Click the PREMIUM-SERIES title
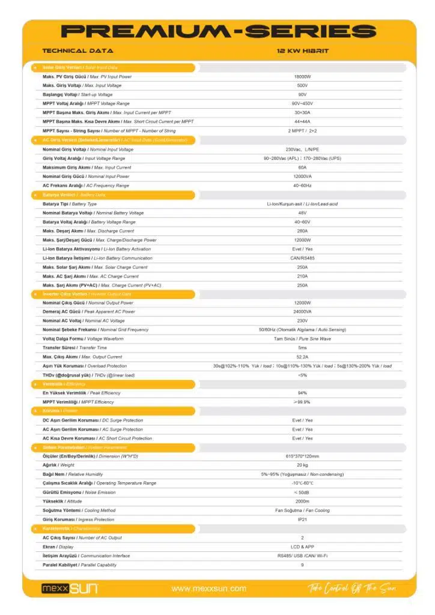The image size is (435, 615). coord(218,31)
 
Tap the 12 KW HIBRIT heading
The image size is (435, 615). coord(302,51)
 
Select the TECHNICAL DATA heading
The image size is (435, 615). coord(78,51)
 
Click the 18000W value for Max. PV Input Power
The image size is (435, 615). coord(302,77)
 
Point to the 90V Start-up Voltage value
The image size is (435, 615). coord(302,95)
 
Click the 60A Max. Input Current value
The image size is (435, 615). coord(302,168)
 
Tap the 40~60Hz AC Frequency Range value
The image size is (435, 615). coord(302,186)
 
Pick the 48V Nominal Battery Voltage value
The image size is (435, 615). coord(302,213)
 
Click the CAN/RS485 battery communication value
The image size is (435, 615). coord(302,258)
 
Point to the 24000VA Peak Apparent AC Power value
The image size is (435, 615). coord(302,312)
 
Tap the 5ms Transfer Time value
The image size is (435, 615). coord(302,348)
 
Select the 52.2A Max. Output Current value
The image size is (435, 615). coord(302,357)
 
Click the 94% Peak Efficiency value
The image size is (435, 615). coord(302,393)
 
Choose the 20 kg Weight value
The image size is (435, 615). coord(302,465)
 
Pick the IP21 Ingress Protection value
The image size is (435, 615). coord(302,520)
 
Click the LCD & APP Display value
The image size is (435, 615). coord(302,547)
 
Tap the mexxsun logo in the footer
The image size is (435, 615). coord(69,588)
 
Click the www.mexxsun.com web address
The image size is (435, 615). coord(208,589)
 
